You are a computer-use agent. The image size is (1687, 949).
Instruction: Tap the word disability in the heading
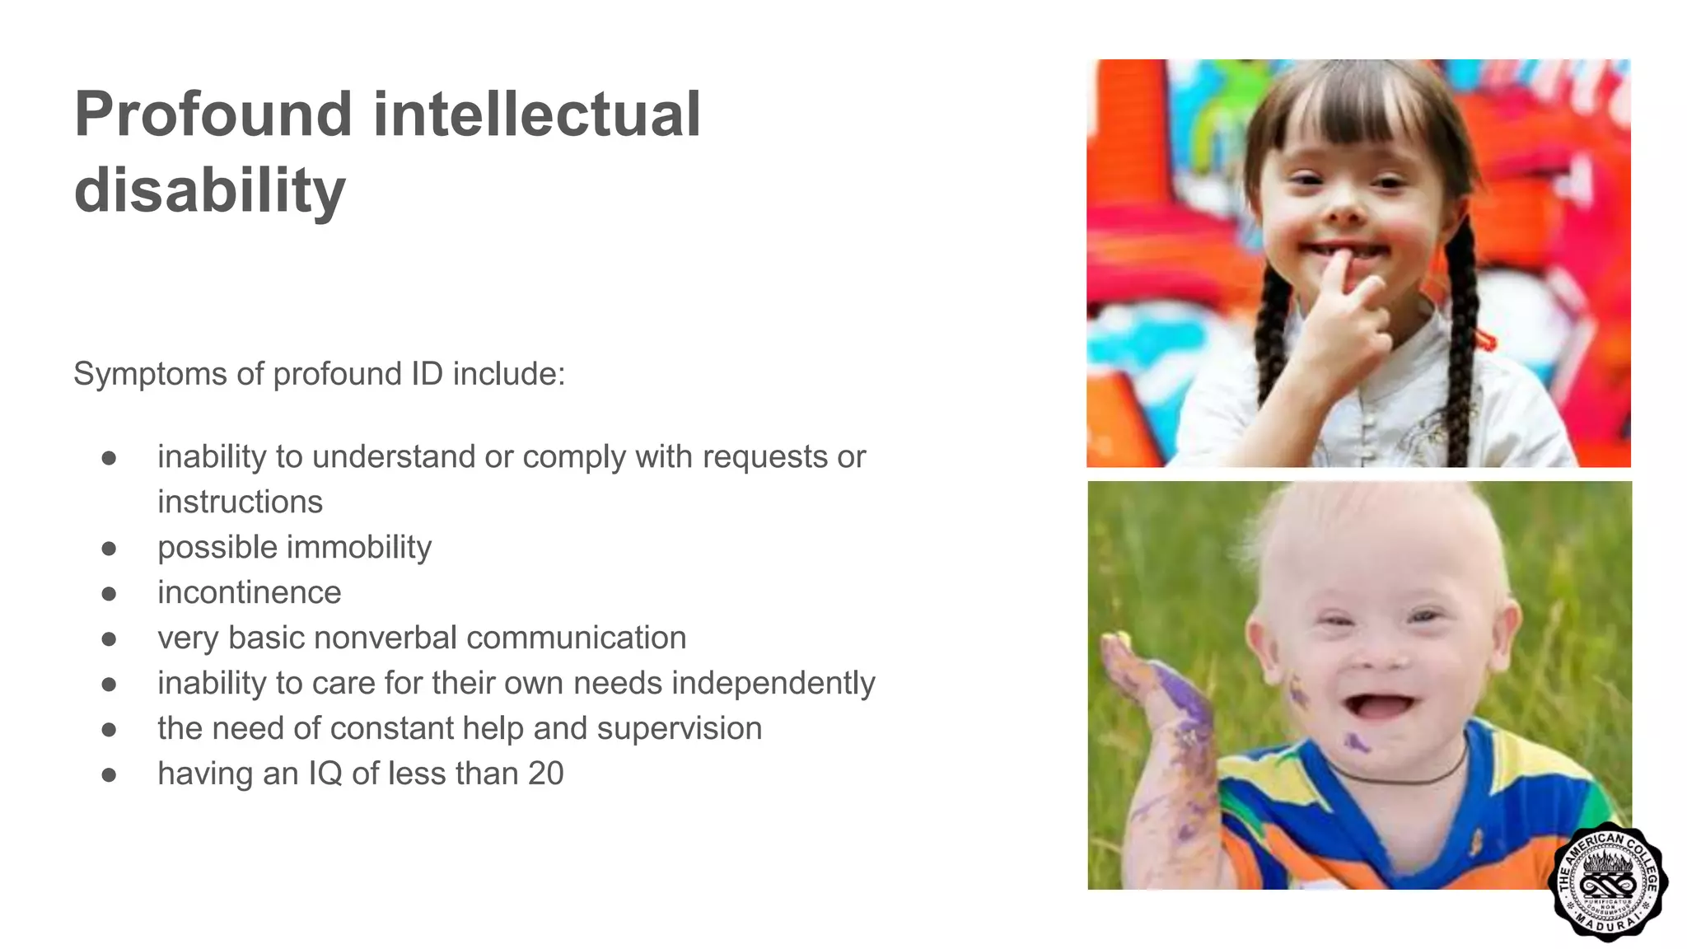point(209,190)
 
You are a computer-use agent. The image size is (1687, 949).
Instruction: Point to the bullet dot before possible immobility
point(109,549)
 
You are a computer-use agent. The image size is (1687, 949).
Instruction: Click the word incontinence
point(249,593)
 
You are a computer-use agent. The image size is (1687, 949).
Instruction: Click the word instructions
point(240,503)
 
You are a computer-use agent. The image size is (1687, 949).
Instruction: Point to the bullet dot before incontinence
point(109,594)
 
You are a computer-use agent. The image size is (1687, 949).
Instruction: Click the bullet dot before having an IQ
point(109,775)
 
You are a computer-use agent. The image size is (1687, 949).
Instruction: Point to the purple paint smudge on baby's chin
point(1355,743)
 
